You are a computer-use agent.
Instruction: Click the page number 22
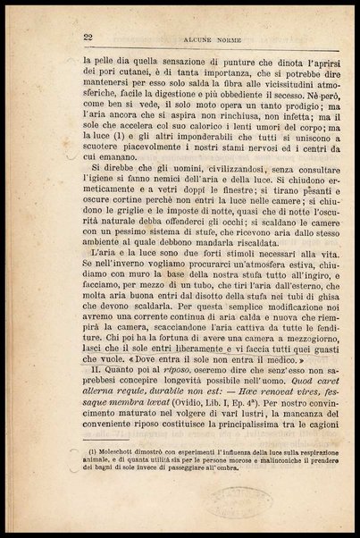pyautogui.click(x=88, y=35)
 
